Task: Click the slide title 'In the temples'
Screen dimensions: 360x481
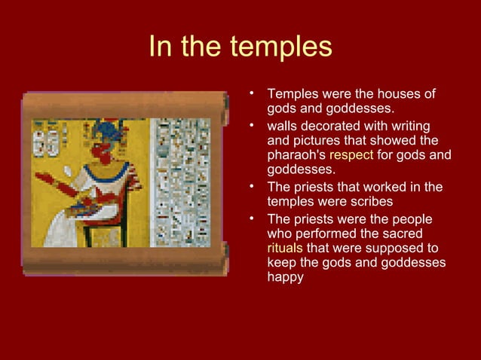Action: pos(240,47)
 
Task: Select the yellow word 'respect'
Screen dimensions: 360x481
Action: pos(351,156)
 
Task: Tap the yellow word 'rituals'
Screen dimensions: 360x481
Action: pos(285,248)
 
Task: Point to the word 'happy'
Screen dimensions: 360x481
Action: pos(285,277)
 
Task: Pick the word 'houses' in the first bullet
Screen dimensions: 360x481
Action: pos(394,95)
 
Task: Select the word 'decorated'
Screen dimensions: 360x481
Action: pos(330,126)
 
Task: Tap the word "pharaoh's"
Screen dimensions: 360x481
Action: pos(296,156)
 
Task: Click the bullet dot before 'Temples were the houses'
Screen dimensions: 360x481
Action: pos(254,95)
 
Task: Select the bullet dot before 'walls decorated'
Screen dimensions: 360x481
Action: pos(254,126)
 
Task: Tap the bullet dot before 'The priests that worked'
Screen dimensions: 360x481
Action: pos(254,187)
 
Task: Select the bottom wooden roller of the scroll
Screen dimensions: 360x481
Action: pos(125,264)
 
